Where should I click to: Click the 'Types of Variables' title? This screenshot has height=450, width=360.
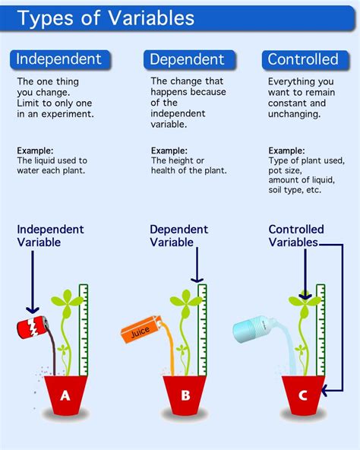tap(106, 18)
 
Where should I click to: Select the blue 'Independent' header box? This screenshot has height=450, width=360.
tap(60, 59)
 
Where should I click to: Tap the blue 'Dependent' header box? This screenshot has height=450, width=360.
tap(187, 59)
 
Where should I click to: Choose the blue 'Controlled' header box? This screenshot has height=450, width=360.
tap(303, 59)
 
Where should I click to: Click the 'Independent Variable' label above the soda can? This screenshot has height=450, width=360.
tap(51, 236)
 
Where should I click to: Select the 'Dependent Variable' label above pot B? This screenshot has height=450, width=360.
tap(179, 236)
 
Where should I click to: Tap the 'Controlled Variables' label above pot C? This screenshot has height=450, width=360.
tap(296, 236)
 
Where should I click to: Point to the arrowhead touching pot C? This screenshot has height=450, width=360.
tap(325, 393)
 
